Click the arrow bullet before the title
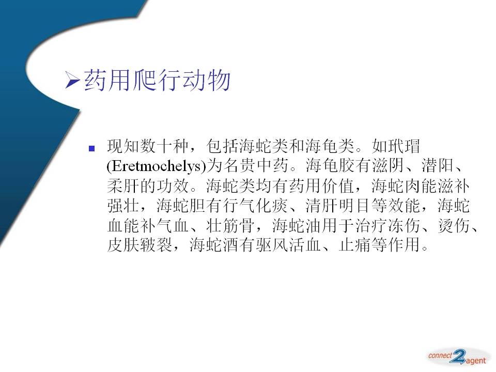point(72,80)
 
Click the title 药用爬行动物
point(157,80)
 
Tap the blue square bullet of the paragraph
point(92,148)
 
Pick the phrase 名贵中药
point(256,166)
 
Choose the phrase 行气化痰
point(256,206)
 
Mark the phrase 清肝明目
point(339,206)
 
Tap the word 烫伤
point(454,226)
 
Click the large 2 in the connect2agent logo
point(458,357)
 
